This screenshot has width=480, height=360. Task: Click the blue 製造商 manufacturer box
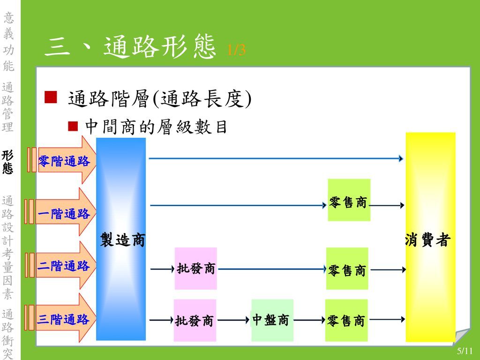(x=121, y=239)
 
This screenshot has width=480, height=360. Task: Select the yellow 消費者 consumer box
(x=430, y=237)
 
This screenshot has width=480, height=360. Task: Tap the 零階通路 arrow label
(x=64, y=161)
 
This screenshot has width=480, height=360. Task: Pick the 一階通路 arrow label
(x=64, y=213)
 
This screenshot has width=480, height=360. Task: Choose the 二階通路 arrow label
(x=63, y=265)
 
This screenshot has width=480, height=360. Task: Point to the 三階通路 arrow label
(x=63, y=319)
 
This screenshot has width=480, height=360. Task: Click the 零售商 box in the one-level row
(x=349, y=200)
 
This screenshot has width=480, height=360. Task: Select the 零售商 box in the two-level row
(x=347, y=269)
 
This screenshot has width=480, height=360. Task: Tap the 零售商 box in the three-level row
(x=346, y=320)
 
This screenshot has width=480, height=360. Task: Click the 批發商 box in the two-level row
(x=195, y=269)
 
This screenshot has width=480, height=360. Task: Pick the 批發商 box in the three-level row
(x=195, y=320)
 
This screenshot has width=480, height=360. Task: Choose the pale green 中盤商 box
(x=272, y=320)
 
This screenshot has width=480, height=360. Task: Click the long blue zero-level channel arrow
(x=276, y=158)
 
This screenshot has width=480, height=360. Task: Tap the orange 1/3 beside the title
(x=236, y=50)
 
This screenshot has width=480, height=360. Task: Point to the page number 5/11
(x=465, y=351)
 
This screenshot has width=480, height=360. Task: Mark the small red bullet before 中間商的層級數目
(x=73, y=126)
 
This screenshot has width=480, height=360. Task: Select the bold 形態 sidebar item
(x=7, y=162)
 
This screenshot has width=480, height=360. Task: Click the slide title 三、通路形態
(x=130, y=46)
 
